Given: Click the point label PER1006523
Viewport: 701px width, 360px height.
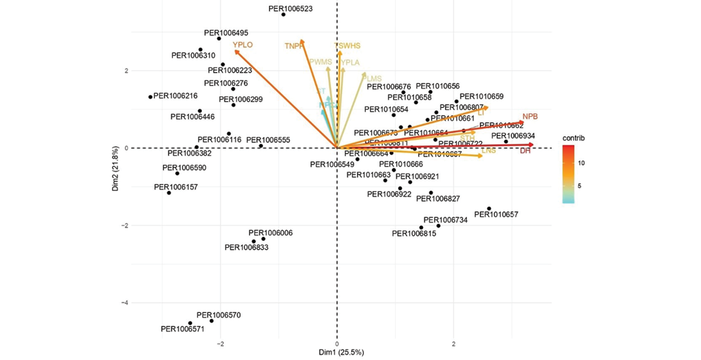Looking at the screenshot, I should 291,9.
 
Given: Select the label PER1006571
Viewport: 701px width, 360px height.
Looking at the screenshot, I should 183,329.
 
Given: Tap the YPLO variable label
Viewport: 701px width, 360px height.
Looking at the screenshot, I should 243,45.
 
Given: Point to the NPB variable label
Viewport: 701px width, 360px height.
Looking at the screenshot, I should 530,116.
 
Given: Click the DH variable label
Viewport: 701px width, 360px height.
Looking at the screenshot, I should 525,150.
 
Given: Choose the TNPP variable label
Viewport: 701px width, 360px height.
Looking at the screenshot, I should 294,46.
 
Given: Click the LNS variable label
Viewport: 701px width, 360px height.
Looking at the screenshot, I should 489,150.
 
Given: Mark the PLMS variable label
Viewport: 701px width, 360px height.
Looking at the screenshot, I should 372,78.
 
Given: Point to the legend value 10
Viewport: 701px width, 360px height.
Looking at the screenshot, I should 581,163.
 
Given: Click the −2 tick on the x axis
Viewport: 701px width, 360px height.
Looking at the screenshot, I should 221,344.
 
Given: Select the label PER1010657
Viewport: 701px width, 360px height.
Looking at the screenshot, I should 496,215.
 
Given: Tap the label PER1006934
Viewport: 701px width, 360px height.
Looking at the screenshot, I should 513,136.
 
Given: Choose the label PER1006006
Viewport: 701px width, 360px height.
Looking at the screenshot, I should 271,233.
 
